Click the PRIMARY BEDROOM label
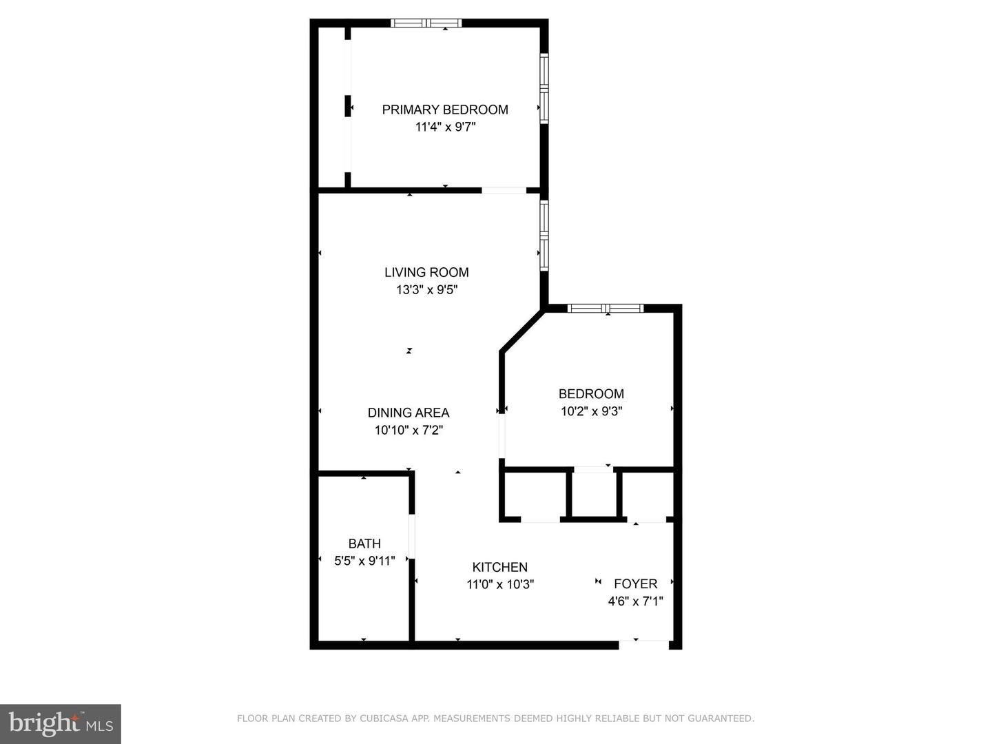coord(445,110)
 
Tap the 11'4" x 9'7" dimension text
coord(446,127)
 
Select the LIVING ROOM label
coord(426,272)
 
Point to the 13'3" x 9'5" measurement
coord(426,289)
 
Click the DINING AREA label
coord(408,413)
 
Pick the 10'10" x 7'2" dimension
coord(409,430)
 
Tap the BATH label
coord(364,544)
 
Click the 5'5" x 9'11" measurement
coord(364,561)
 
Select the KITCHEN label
coord(500,567)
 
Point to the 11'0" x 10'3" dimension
coord(500,585)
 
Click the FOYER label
coord(635,584)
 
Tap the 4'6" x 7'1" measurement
coord(635,601)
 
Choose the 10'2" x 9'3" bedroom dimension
coord(592,411)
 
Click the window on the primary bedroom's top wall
coord(426,23)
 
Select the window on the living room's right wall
coord(544,236)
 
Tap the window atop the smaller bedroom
coord(606,309)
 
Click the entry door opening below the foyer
coord(643,645)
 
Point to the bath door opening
coord(412,536)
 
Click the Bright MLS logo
coord(61,724)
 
